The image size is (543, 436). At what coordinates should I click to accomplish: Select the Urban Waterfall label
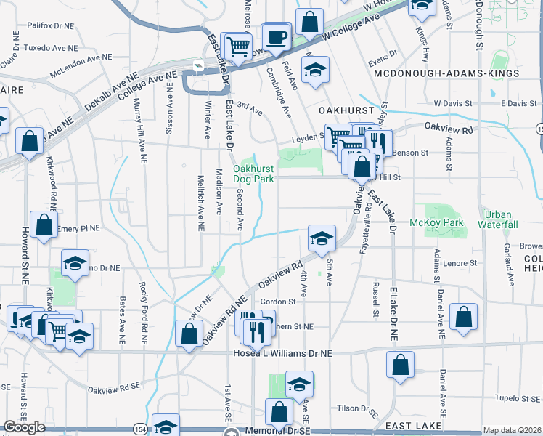[498, 219]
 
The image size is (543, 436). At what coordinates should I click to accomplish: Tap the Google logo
[24, 427]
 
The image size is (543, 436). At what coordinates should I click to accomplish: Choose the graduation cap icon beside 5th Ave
[322, 237]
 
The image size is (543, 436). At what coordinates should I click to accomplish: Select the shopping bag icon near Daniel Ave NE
[463, 317]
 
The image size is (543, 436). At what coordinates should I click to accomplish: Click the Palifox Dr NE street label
[51, 25]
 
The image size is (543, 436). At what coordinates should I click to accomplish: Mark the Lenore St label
[462, 262]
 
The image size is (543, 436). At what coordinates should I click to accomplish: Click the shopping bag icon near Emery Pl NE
[44, 225]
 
